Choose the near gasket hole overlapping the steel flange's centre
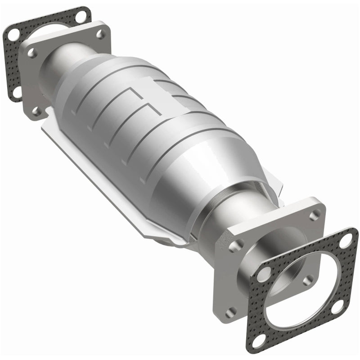(265, 273)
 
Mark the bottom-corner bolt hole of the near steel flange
(231, 310)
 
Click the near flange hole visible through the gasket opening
(307, 280)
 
